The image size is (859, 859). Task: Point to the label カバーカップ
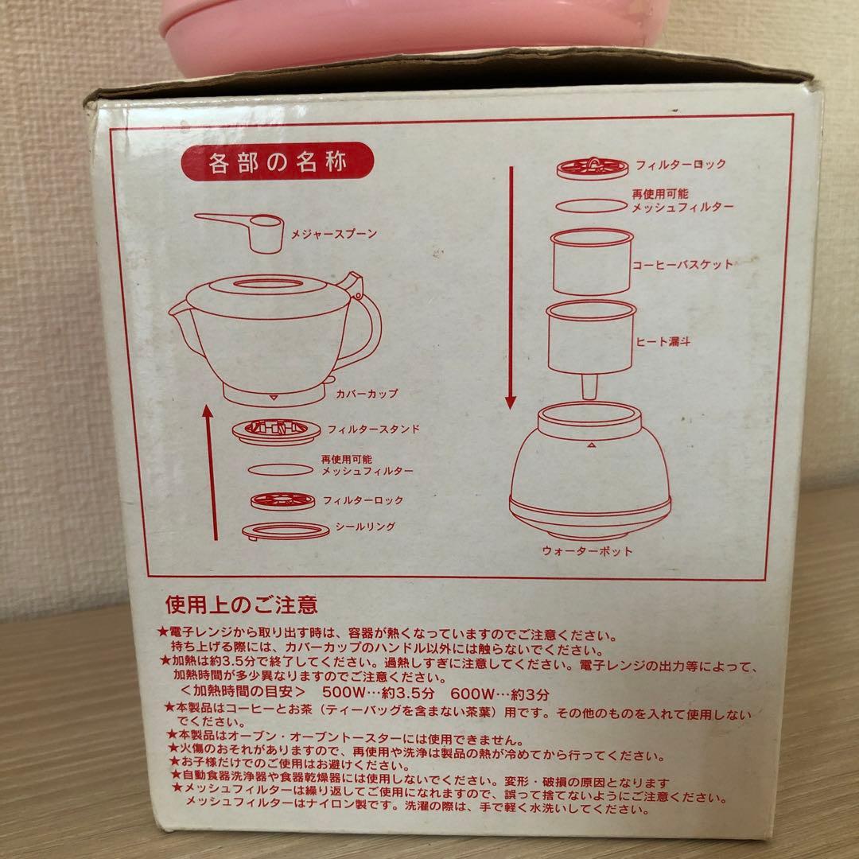point(367,393)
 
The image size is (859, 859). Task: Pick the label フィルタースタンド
point(371,429)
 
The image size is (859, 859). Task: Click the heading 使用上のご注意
point(241,605)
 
